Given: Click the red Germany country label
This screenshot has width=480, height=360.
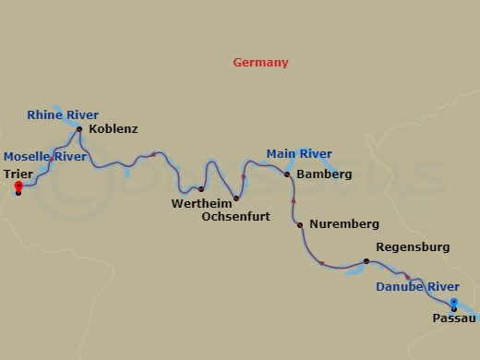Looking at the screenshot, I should pyautogui.click(x=260, y=63).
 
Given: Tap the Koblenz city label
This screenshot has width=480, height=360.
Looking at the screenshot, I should pyautogui.click(x=113, y=129).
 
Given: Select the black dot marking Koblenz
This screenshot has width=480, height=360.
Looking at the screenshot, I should pyautogui.click(x=79, y=129).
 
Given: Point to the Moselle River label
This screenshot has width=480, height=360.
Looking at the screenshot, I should pyautogui.click(x=45, y=157).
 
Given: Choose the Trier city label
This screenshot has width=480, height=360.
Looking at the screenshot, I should pyautogui.click(x=18, y=173).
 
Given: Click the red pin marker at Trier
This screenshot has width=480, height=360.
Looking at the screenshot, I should pyautogui.click(x=18, y=187).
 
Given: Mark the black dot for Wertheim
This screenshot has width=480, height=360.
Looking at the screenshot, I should pyautogui.click(x=201, y=189).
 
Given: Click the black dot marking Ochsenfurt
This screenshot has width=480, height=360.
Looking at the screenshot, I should pyautogui.click(x=236, y=198).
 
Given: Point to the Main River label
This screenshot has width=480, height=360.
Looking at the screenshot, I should pyautogui.click(x=299, y=153).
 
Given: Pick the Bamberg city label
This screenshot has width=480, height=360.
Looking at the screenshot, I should pyautogui.click(x=323, y=174).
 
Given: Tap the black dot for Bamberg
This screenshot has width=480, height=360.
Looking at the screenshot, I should pyautogui.click(x=287, y=174).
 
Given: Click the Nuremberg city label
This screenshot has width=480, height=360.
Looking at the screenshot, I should pyautogui.click(x=344, y=224).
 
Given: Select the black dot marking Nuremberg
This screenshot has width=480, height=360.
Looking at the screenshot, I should pyautogui.click(x=300, y=224).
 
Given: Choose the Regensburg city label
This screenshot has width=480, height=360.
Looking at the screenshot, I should pyautogui.click(x=413, y=247).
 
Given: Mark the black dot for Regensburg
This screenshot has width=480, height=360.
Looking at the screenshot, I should pyautogui.click(x=366, y=261).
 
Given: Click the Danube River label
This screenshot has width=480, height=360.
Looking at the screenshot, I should pyautogui.click(x=416, y=286).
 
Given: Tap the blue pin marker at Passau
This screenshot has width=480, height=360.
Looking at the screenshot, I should pyautogui.click(x=453, y=303).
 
